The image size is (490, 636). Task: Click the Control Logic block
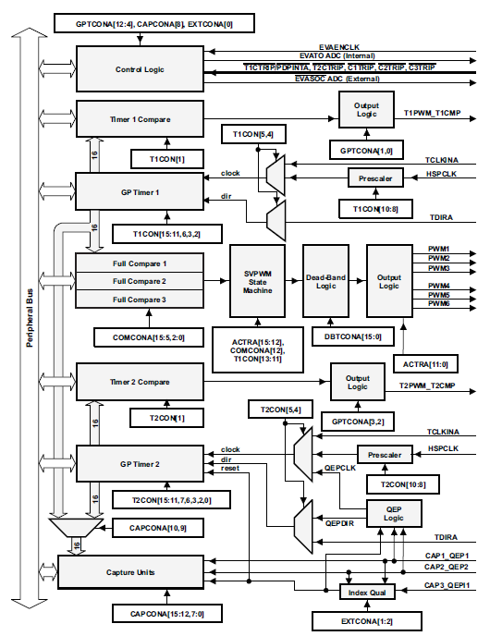[x=140, y=69]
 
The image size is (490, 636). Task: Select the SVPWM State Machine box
[x=258, y=281]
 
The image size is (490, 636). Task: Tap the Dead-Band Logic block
[x=325, y=281]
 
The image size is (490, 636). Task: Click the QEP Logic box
[x=394, y=513]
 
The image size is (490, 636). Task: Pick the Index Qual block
[x=367, y=593]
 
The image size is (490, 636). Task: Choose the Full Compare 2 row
[x=140, y=281]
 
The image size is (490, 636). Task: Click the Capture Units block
[x=130, y=572]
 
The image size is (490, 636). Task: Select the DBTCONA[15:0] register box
[x=353, y=336]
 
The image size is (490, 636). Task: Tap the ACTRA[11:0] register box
[x=425, y=364]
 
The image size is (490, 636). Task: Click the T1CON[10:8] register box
[x=375, y=209]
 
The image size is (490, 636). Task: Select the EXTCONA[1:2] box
[x=367, y=621]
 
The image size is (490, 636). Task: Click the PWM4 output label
[x=439, y=286]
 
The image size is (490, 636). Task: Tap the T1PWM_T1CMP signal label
[x=433, y=113]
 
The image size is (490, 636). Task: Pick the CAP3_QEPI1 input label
[x=447, y=585]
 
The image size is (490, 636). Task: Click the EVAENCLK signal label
[x=339, y=47]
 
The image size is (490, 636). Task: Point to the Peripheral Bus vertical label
[x=30, y=318]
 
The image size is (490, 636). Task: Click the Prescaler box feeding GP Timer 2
[x=385, y=455]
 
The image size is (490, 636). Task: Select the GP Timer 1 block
[x=140, y=192]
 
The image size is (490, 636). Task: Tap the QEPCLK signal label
[x=340, y=468]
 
